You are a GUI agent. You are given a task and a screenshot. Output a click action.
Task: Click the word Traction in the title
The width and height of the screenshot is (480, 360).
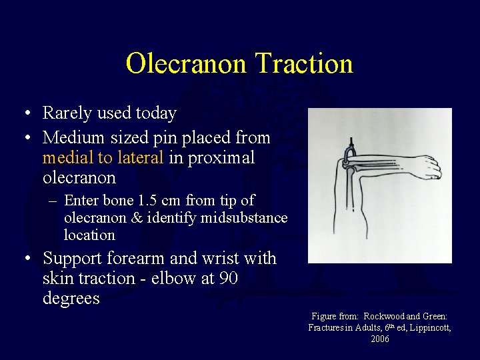coord(304,64)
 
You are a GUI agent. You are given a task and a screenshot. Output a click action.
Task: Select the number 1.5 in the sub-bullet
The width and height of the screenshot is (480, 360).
coord(148,201)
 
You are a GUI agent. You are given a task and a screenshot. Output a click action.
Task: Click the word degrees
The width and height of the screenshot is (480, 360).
coord(71,298)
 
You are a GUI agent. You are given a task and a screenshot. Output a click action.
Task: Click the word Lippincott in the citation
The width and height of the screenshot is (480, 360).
coord(427,327)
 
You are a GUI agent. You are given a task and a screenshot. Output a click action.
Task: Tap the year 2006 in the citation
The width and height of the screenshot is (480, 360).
coord(380,339)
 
